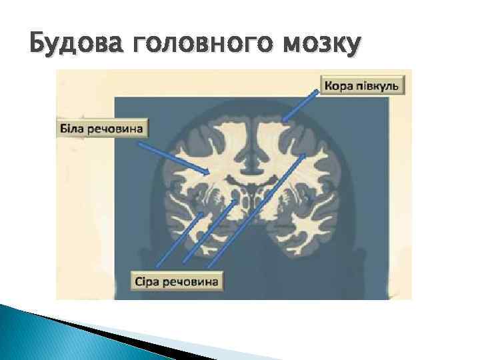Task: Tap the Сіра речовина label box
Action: pos(176,281)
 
